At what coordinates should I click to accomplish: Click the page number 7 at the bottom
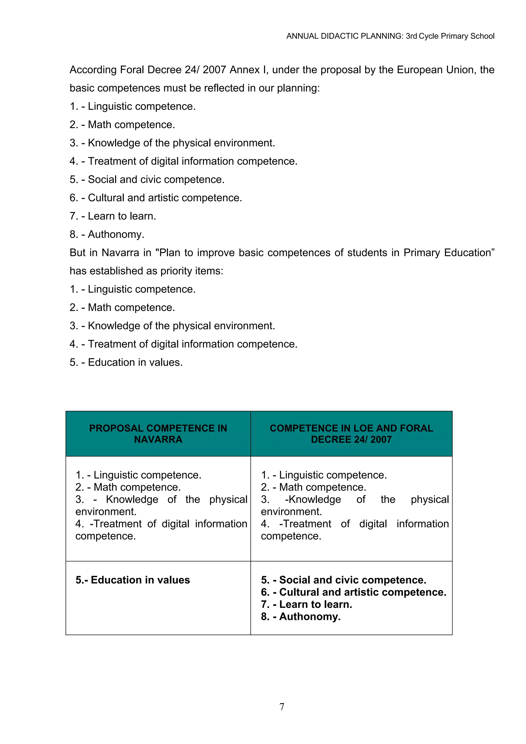coord(282,707)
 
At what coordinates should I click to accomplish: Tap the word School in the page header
coord(482,36)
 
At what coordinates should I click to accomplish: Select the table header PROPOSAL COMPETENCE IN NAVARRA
coord(158,434)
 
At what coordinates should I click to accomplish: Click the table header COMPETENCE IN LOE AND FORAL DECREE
coord(351,434)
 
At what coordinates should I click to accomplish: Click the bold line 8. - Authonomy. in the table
coord(300,616)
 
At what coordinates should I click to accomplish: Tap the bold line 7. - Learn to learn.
coord(306,604)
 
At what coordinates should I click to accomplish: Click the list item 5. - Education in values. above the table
coord(126,362)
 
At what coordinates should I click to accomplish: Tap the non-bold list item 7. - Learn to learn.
coord(113,216)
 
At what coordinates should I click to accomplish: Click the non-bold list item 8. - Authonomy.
coord(107,234)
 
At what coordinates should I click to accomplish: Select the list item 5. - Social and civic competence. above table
coord(147,180)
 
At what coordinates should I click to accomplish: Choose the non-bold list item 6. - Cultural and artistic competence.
coord(156,198)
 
